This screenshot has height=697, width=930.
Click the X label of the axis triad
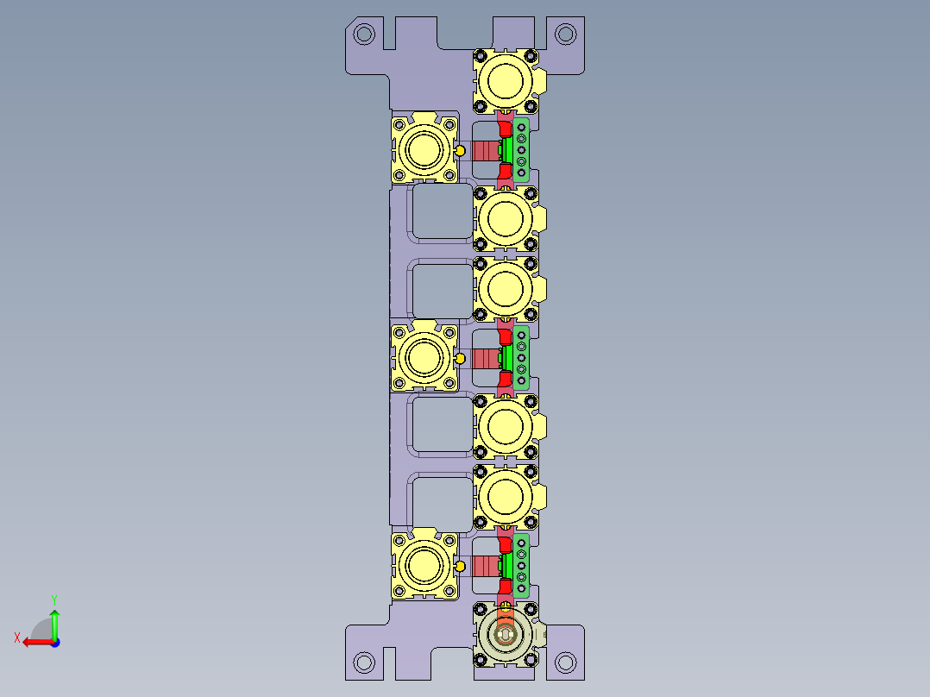tap(16, 637)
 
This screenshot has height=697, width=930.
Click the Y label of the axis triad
tap(54, 598)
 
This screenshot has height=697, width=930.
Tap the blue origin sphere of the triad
tap(54, 642)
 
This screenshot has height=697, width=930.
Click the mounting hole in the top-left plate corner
tap(364, 35)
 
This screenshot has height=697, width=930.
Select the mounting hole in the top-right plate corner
tap(565, 35)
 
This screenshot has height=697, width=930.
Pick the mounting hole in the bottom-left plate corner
tap(364, 662)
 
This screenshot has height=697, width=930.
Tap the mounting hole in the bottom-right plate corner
tap(565, 662)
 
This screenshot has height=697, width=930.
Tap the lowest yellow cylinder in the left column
tap(424, 565)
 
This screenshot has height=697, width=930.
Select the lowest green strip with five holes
tap(522, 565)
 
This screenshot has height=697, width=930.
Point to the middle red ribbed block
tap(486, 357)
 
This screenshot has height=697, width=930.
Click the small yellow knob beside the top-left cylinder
tap(460, 151)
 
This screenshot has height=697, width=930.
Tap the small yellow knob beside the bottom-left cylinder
tap(460, 566)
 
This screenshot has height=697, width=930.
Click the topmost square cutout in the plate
tap(442, 212)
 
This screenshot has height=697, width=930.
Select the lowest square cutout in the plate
tap(442, 503)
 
